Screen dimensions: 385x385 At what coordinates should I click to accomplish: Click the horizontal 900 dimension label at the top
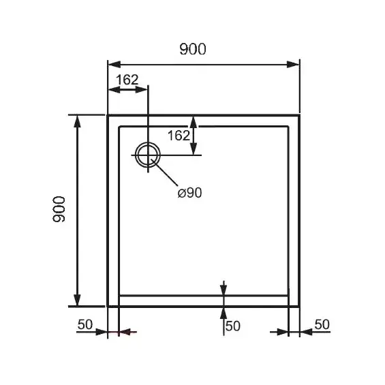click(193, 49)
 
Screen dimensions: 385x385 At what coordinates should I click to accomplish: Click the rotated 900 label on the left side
click(59, 209)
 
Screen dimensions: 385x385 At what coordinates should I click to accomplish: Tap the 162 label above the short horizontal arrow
click(127, 80)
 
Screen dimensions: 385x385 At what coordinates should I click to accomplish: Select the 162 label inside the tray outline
click(179, 136)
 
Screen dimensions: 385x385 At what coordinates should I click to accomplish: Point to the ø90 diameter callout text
click(189, 193)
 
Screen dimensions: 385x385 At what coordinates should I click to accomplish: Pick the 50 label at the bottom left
click(85, 324)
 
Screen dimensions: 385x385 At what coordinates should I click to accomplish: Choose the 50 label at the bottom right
click(322, 324)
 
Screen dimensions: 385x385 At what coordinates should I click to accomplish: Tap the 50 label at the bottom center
click(233, 326)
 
